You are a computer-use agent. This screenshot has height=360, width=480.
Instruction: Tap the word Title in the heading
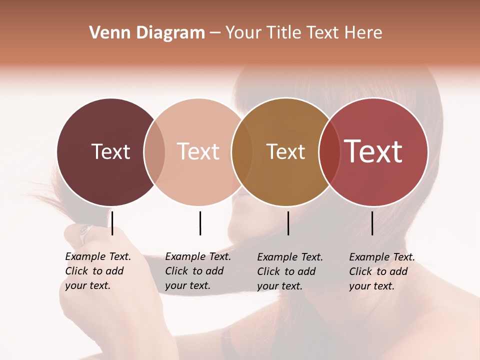tap(284, 33)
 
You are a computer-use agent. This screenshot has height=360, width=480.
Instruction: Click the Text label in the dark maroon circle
tap(110, 151)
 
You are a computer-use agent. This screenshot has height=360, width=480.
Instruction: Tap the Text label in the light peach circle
tap(198, 151)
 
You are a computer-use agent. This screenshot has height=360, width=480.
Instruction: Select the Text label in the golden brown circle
tap(285, 151)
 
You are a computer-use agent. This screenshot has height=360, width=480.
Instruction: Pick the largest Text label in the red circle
tap(373, 151)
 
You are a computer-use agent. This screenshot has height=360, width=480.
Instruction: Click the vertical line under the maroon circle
tap(112, 223)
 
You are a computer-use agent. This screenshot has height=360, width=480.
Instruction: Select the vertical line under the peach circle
tap(200, 223)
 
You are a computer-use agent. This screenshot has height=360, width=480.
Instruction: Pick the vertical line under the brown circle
tap(288, 223)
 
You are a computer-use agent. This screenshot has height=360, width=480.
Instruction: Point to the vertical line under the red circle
tap(372, 223)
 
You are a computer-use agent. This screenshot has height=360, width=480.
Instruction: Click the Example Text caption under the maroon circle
tap(97, 271)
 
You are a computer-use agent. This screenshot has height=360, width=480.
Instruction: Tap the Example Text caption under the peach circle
tap(197, 271)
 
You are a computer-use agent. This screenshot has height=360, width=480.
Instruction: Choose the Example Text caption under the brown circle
tap(289, 271)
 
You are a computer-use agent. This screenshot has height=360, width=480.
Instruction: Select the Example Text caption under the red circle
tap(381, 271)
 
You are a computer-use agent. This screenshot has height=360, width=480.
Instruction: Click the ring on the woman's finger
tap(85, 231)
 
